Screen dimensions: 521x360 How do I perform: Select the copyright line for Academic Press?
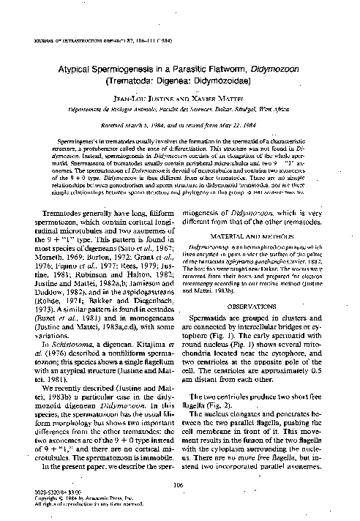click(x=78, y=501)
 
